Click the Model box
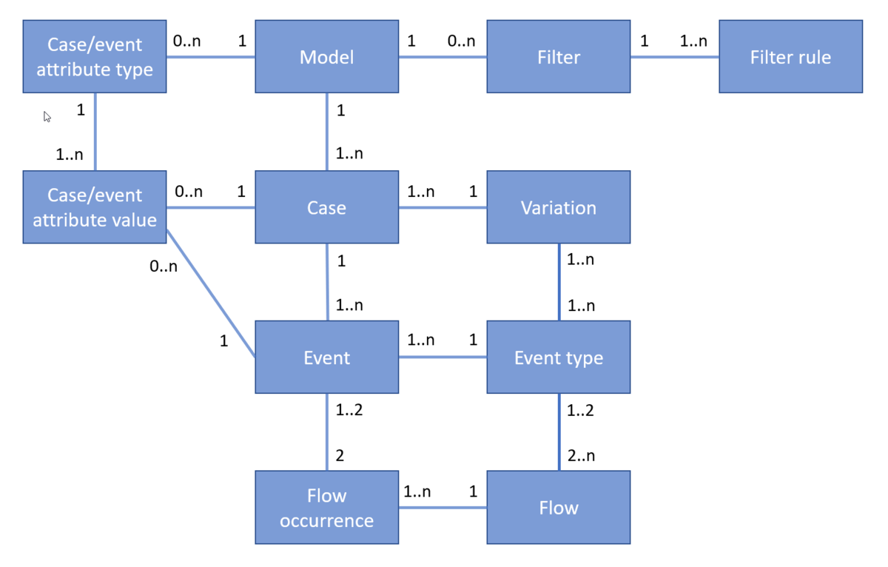point(326,57)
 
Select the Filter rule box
point(790,57)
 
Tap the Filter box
point(558,57)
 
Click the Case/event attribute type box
point(95,57)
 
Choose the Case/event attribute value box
point(95,207)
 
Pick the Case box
point(326,207)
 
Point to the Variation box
point(558,207)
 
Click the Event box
point(326,358)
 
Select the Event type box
point(558,358)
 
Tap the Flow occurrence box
point(326,508)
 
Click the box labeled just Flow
point(558,508)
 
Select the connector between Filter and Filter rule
point(674,56)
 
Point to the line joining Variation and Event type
point(559,282)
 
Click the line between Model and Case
point(327,132)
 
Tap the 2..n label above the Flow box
point(580,456)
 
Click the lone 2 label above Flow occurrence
point(340,456)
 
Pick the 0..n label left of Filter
point(461,41)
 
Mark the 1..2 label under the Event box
point(349,410)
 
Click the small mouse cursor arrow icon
point(47,117)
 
